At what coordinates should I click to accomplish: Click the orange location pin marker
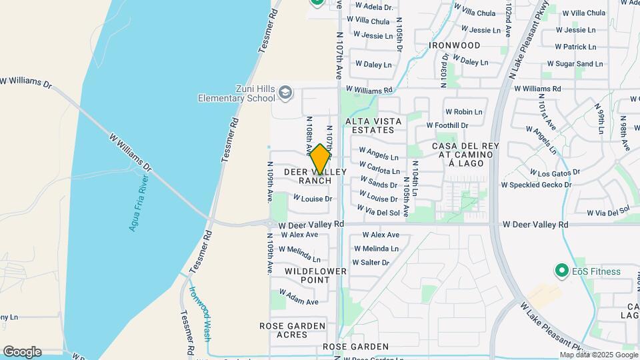coord(320,159)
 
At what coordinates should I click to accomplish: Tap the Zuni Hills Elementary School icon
coord(285,92)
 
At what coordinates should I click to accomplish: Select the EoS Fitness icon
coord(562,271)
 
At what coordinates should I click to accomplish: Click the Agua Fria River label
coord(139,203)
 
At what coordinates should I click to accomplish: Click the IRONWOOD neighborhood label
coord(455,45)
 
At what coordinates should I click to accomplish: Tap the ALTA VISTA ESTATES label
coord(373,125)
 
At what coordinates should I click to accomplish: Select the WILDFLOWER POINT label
coord(316,276)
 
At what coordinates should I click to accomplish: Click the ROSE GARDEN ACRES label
coord(292,330)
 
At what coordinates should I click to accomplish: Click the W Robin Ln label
coord(463,112)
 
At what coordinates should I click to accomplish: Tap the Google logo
coord(22,352)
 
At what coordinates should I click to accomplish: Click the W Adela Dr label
coord(374,7)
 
